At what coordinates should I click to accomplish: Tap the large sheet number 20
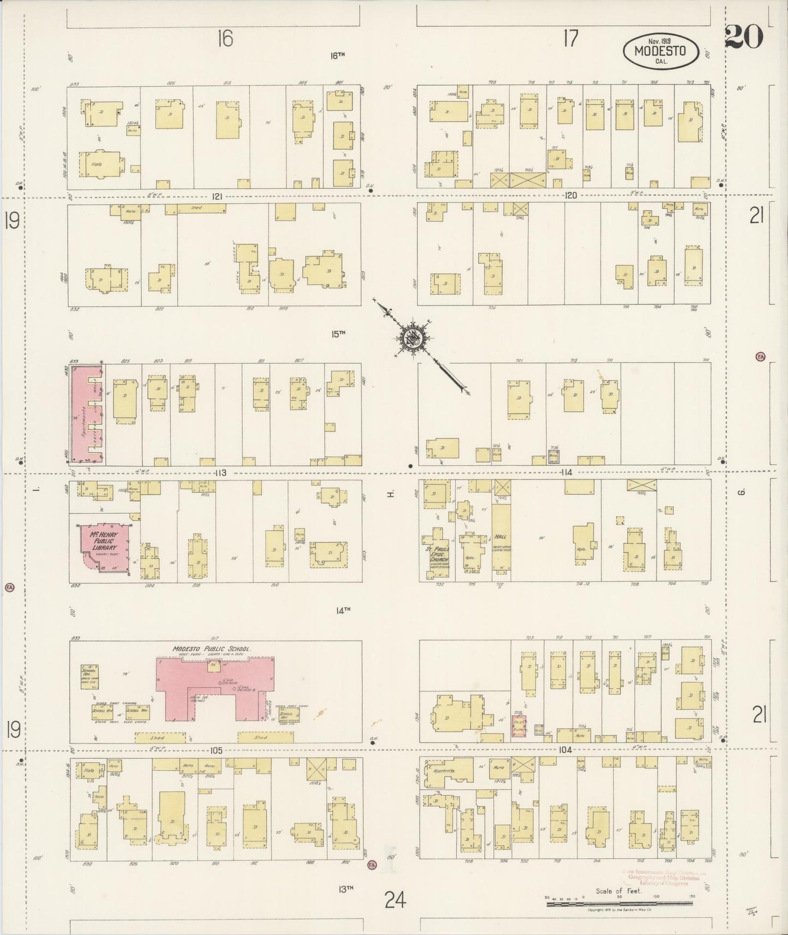pos(744,38)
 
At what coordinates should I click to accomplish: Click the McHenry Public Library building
pos(104,548)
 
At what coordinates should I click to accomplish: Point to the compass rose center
pos(413,339)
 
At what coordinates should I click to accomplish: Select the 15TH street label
pos(339,333)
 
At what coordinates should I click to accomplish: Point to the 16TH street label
pos(338,55)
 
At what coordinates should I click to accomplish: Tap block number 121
pos(217,197)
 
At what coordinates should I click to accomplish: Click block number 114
pos(566,472)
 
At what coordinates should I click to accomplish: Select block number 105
pos(216,750)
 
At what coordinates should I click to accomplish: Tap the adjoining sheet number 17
pos(570,39)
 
